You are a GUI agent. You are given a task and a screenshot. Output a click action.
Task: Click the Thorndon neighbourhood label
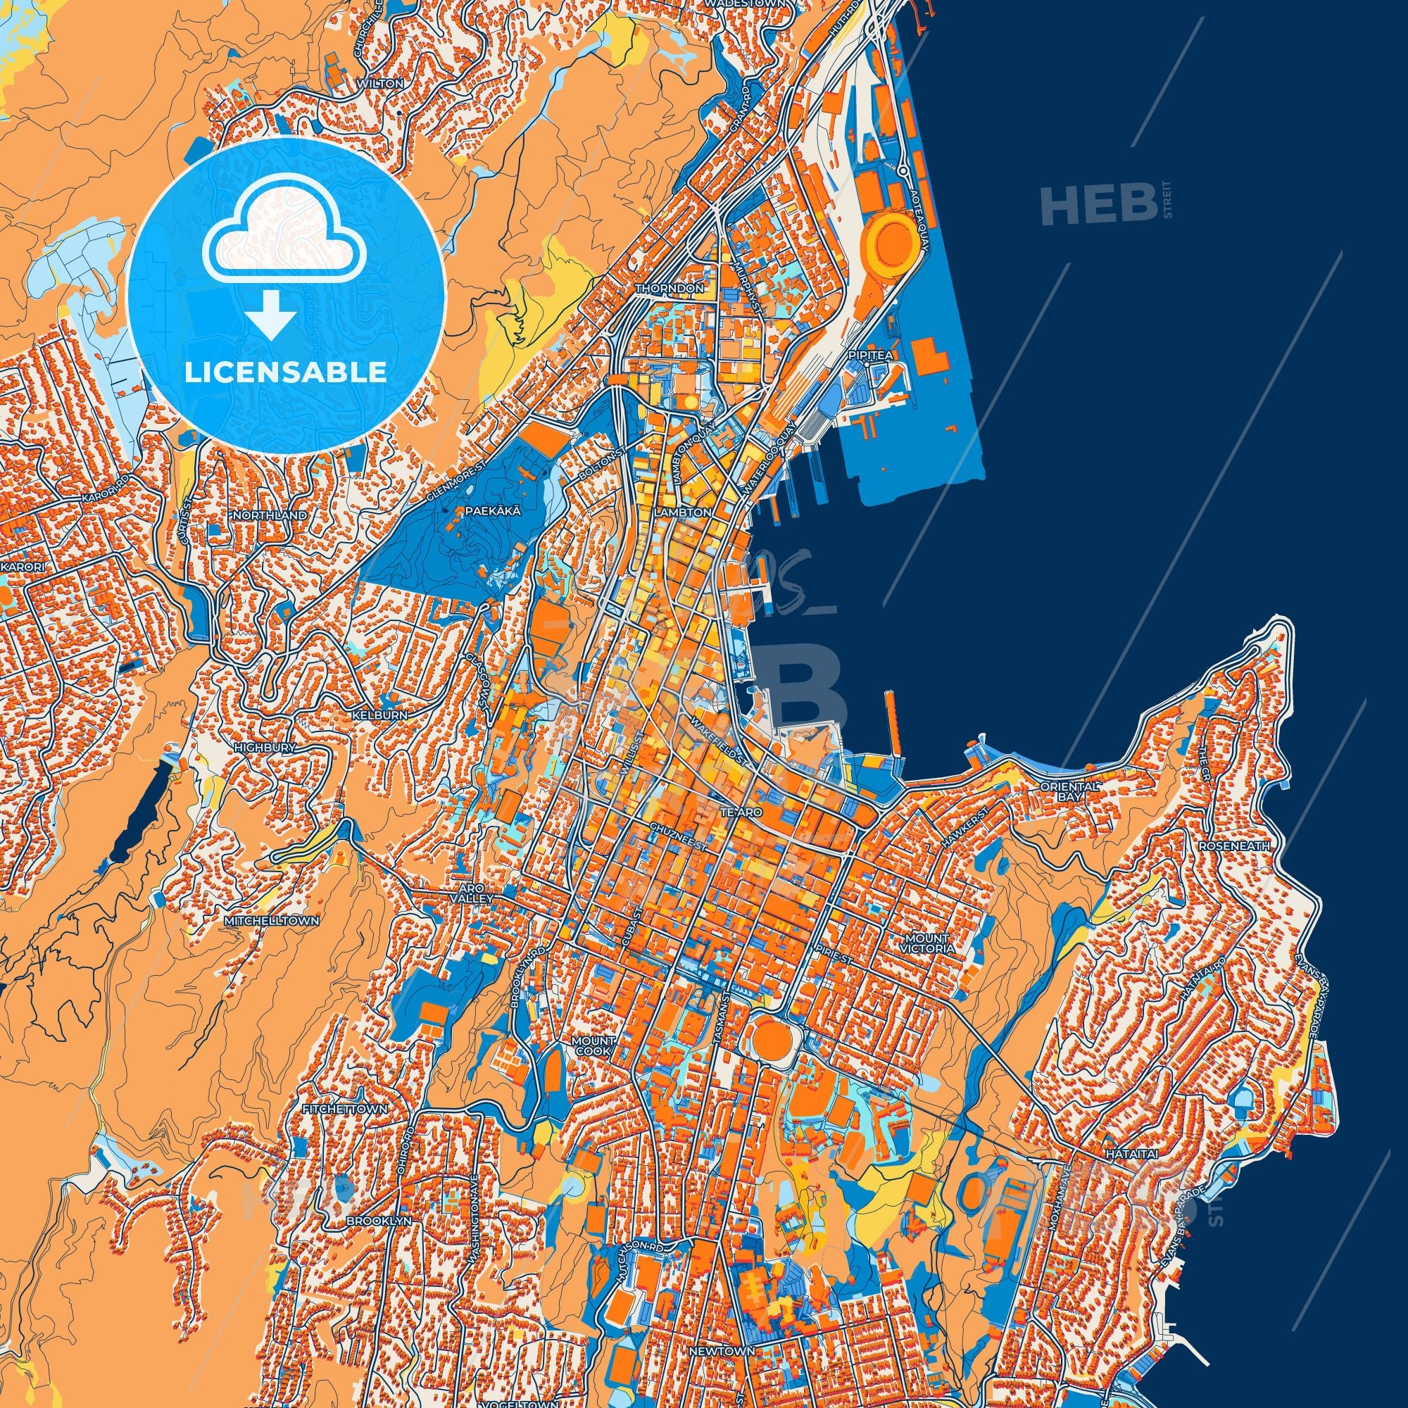(x=669, y=289)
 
